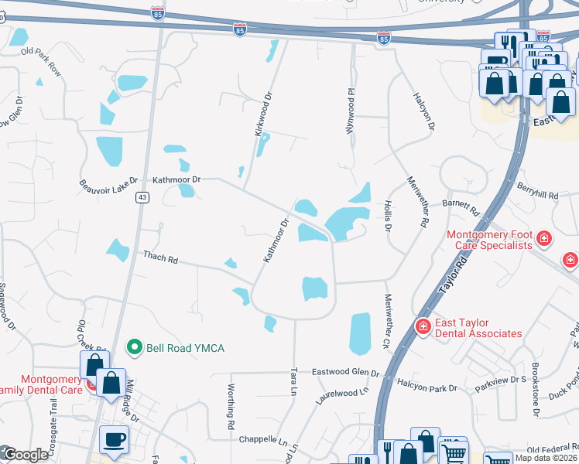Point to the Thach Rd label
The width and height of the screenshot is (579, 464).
[x=160, y=258]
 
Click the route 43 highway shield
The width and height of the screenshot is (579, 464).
[x=142, y=198]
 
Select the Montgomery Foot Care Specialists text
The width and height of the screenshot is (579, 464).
[x=489, y=239]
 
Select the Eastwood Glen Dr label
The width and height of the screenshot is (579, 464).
[x=345, y=372]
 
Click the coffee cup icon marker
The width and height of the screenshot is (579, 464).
[x=114, y=438]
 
